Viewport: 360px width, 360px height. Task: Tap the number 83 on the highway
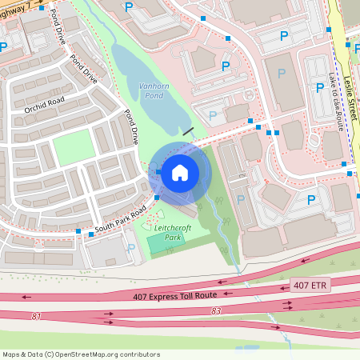coord(216,310)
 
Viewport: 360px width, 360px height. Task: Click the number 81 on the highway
coord(36,316)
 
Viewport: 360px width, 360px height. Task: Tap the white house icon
coord(180,171)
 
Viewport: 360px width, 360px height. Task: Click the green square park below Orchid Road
coord(72,148)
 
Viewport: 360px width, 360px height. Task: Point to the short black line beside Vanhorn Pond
coord(188,129)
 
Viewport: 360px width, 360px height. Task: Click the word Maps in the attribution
coord(11,354)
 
